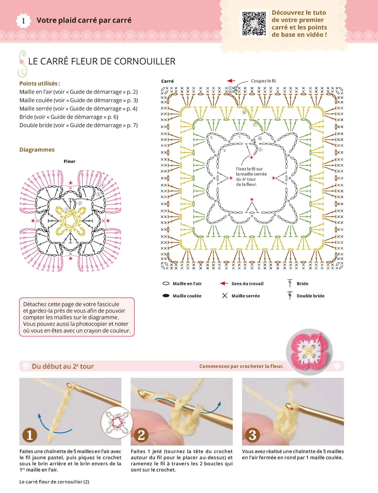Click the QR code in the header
[254, 23]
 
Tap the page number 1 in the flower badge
[23, 21]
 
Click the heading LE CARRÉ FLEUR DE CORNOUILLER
[102, 61]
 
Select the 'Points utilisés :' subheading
[40, 83]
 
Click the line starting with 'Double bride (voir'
[78, 125]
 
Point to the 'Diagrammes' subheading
[37, 150]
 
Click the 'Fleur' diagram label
[69, 161]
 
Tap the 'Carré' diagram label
[167, 81]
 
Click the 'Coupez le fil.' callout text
[264, 81]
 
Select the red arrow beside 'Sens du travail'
[224, 283]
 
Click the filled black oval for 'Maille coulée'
[166, 296]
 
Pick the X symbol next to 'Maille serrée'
[225, 296]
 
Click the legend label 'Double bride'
[310, 296]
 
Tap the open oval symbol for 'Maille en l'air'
[166, 283]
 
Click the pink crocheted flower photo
[309, 352]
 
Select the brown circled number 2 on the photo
[141, 435]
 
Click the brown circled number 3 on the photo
[252, 435]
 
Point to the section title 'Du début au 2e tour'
[63, 366]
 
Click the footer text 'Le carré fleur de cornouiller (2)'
[54, 482]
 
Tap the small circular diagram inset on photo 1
[117, 422]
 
